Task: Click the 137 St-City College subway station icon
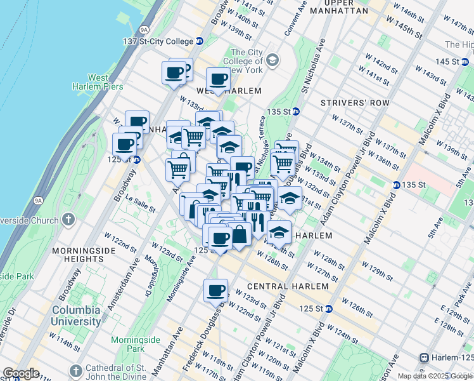coord(199,41)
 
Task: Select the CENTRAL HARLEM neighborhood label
coord(281,286)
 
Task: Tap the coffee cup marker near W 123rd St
coord(215,290)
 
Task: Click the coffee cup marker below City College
coord(219,79)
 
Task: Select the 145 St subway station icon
coord(466,62)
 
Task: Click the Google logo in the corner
coord(20,373)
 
